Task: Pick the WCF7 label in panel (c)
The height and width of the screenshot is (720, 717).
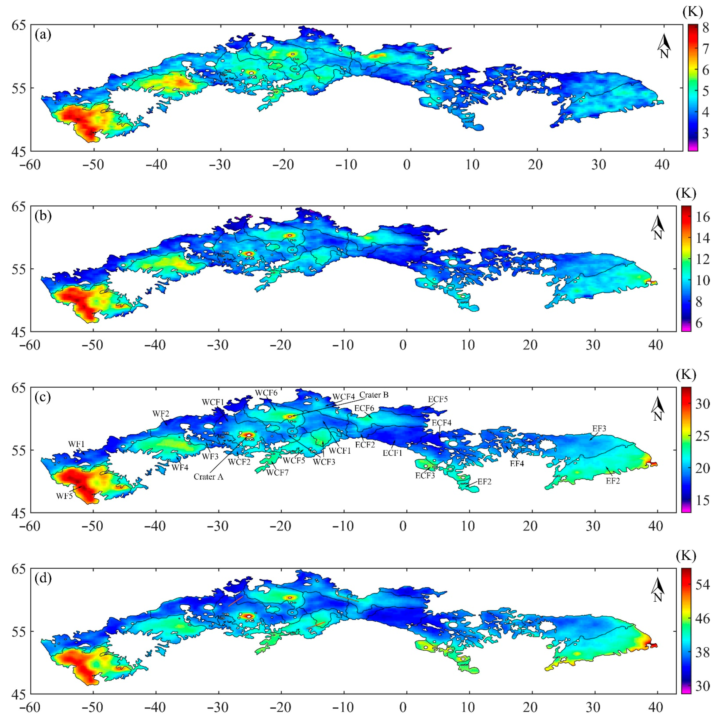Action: [277, 473]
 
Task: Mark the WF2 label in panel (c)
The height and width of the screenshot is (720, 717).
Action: [161, 414]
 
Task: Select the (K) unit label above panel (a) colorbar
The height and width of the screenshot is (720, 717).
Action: [693, 12]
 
